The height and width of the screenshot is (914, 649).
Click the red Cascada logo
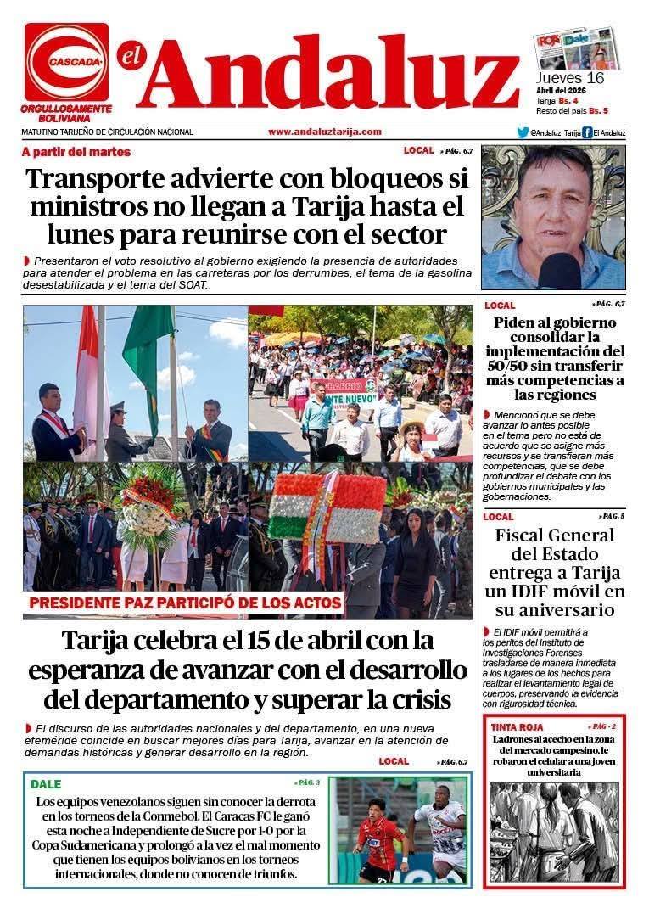(66, 62)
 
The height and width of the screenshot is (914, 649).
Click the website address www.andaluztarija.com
(324, 132)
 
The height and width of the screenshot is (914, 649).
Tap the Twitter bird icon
(523, 132)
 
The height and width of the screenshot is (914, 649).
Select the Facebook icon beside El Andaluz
(587, 132)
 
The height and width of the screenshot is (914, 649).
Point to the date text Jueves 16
(569, 77)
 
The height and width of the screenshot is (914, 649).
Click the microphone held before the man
(560, 269)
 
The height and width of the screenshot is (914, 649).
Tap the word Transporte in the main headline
(104, 180)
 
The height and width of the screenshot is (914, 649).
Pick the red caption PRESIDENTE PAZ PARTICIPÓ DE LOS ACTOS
(186, 603)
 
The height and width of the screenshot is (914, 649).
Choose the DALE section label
(46, 784)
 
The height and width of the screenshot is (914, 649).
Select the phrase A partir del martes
(76, 152)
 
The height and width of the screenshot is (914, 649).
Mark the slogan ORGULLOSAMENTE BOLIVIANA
(66, 114)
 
